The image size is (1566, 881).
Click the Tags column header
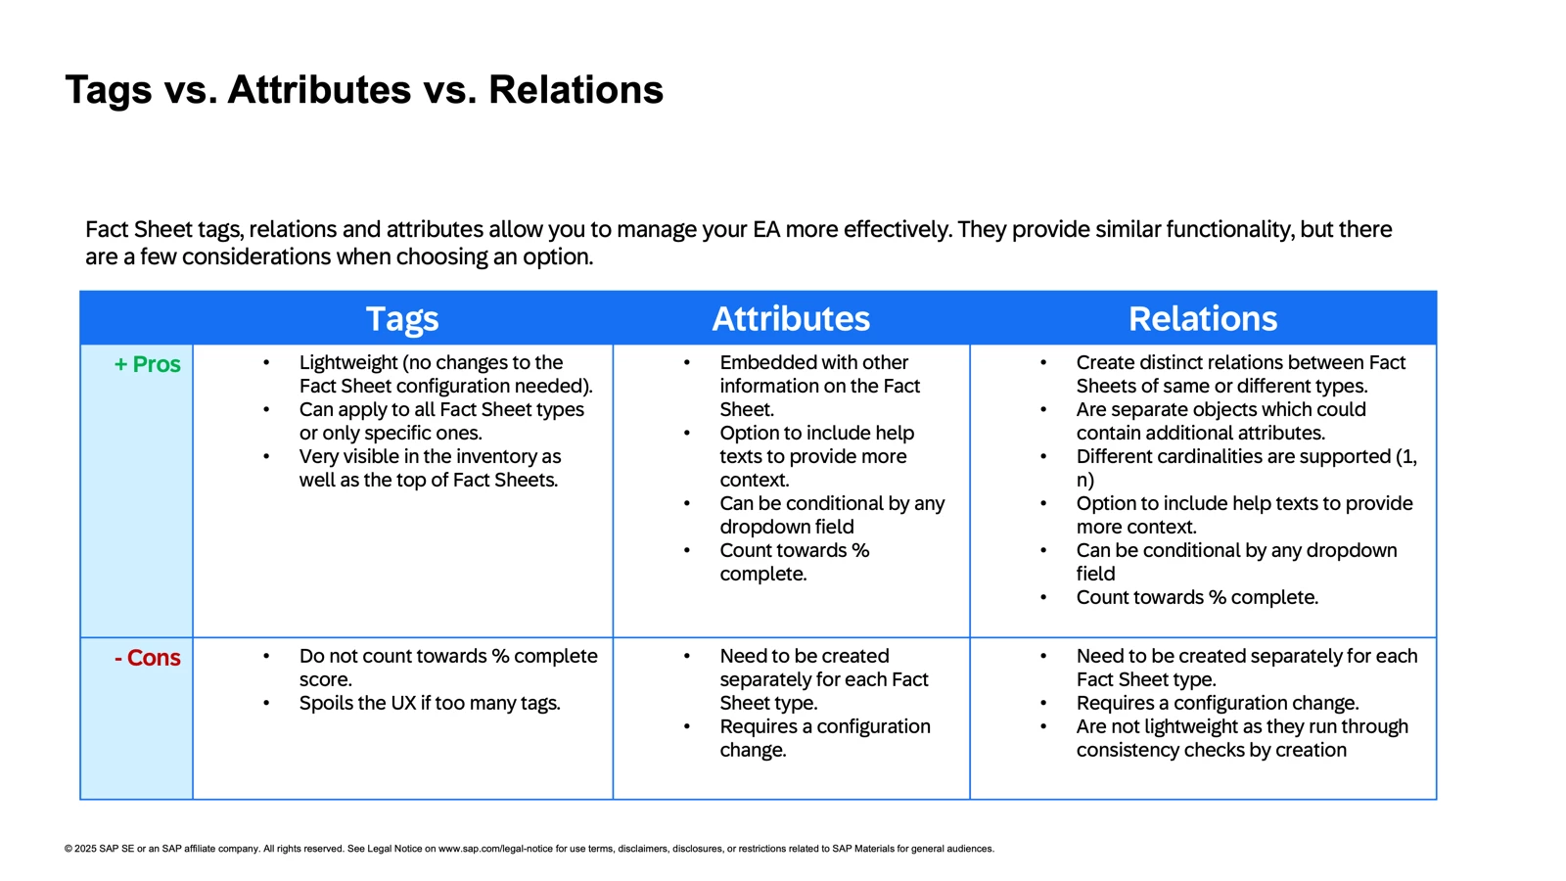pos(402,319)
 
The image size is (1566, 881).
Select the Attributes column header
pos(791,319)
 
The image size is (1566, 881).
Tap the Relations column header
pos(1203,319)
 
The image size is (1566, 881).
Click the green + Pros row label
pos(148,364)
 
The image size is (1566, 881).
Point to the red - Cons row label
pos(148,658)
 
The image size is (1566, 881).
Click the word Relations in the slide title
pos(576,89)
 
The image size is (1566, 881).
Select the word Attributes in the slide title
pos(319,89)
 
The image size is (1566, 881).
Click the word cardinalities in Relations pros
pos(1197,456)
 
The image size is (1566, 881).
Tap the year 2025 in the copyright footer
pos(85,849)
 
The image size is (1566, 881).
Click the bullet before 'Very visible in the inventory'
pos(266,456)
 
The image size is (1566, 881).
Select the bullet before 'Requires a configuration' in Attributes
pos(687,726)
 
